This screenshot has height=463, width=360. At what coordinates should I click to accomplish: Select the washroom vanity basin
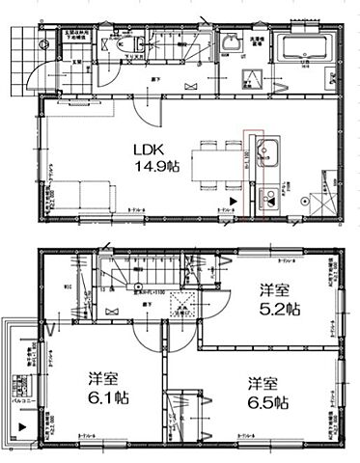point(231,42)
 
